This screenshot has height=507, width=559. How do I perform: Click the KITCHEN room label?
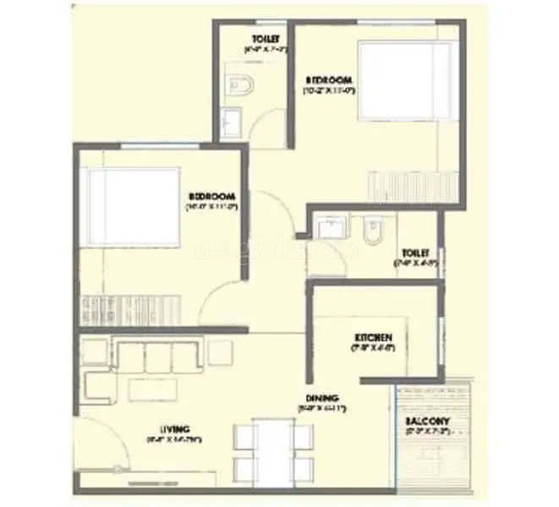pos(373,336)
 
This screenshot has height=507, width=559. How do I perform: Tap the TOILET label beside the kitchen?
pos(415,253)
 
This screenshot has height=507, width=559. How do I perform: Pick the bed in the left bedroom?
pos(131,208)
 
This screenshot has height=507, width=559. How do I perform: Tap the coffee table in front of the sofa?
pos(152,390)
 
